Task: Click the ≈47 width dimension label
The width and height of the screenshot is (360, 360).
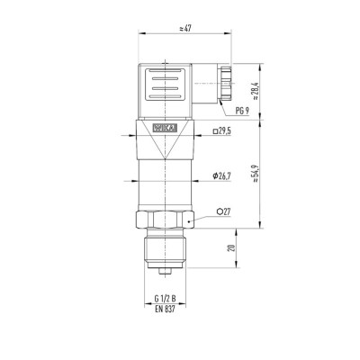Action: pyautogui.click(x=185, y=29)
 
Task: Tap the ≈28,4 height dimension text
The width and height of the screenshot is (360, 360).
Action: pyautogui.click(x=256, y=91)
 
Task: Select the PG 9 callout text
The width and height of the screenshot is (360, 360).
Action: pyautogui.click(x=242, y=111)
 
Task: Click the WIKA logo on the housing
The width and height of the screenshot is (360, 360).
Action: pyautogui.click(x=166, y=128)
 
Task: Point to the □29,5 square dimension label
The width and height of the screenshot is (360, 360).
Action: pyautogui.click(x=222, y=131)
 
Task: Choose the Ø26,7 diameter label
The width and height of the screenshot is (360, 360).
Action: pyautogui.click(x=221, y=176)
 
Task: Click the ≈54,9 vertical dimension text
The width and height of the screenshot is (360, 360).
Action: pyautogui.click(x=256, y=174)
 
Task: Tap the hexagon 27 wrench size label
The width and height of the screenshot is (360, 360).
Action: pyautogui.click(x=224, y=211)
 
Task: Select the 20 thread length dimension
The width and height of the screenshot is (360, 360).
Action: pyautogui.click(x=231, y=247)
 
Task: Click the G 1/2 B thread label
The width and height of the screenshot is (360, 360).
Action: pyautogui.click(x=166, y=299)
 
